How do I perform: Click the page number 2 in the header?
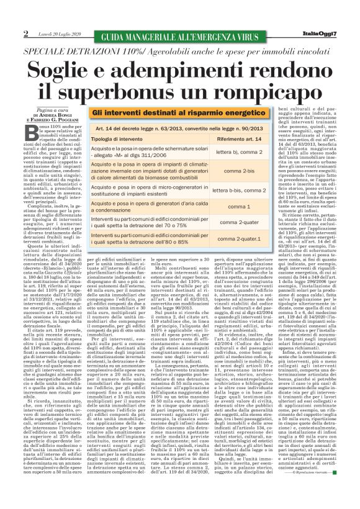pos(26,33)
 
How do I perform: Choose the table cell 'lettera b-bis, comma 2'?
pos(235,191)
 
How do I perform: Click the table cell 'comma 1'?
pos(235,205)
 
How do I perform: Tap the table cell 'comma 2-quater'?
pos(235,222)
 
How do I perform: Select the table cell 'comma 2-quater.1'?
pos(235,238)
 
